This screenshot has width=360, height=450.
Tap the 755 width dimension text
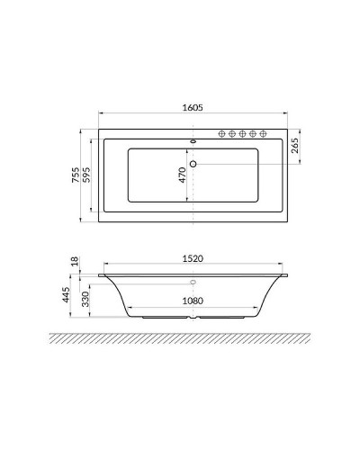point(77,177)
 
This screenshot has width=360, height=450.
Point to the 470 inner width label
point(182,173)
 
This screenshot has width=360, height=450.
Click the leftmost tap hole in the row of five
point(219,133)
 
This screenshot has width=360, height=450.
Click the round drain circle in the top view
point(193,164)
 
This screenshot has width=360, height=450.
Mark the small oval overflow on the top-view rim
point(194,140)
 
